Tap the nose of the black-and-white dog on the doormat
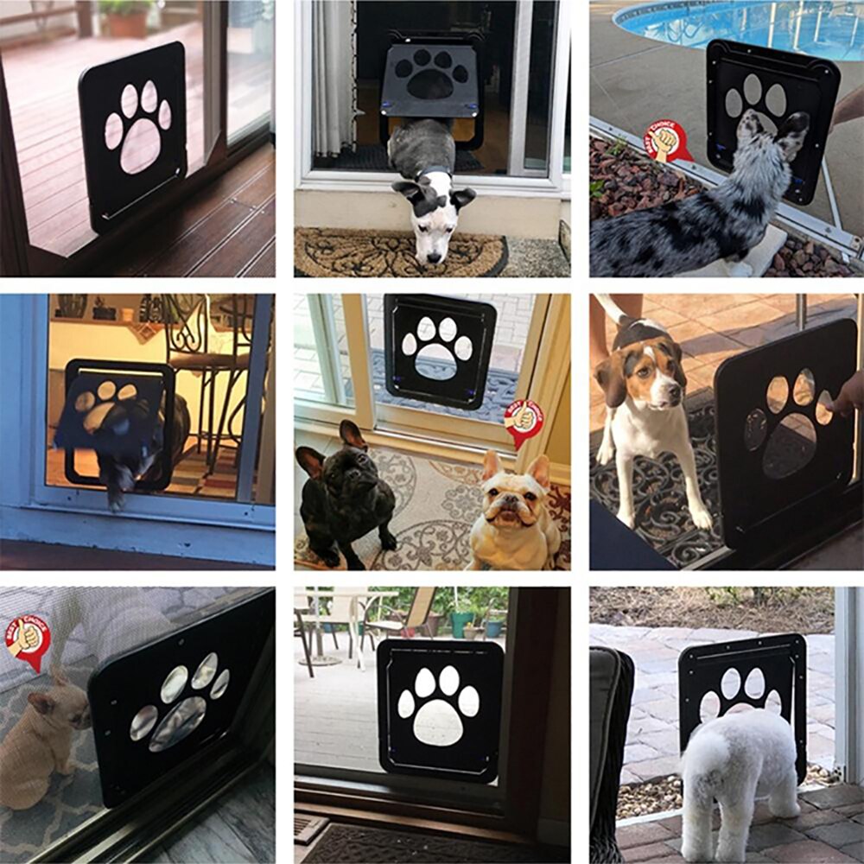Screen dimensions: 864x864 tap(429, 254)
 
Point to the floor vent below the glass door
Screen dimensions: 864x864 tap(310, 829)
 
